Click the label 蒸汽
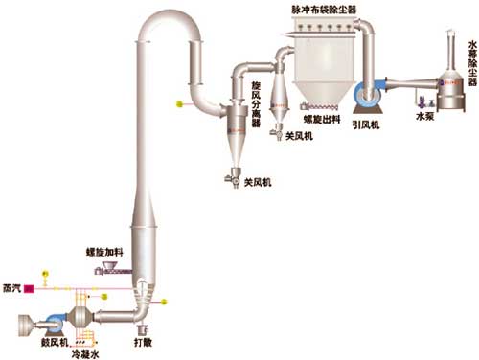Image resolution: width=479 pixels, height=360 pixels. point(12,286)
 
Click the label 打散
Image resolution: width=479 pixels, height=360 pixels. point(144,340)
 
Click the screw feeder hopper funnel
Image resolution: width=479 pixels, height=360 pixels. point(118,258)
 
